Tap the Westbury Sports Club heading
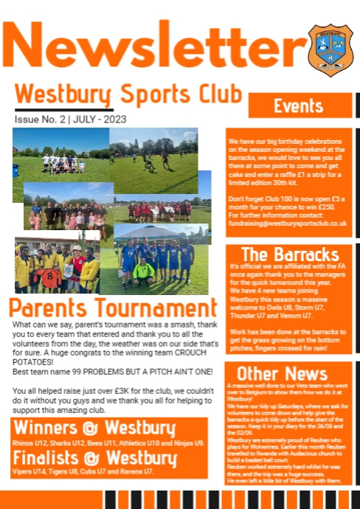[128, 95]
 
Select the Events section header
[298, 105]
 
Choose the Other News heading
[283, 372]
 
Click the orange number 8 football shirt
[51, 279]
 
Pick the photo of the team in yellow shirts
[56, 265]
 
